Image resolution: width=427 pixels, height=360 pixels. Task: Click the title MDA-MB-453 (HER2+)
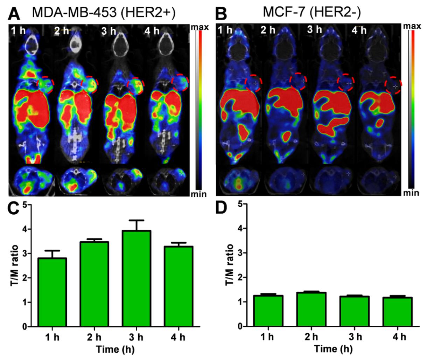(104, 13)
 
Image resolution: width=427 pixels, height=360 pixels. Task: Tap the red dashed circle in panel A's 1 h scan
(46, 84)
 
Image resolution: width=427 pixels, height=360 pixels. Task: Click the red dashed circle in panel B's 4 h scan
(393, 86)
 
